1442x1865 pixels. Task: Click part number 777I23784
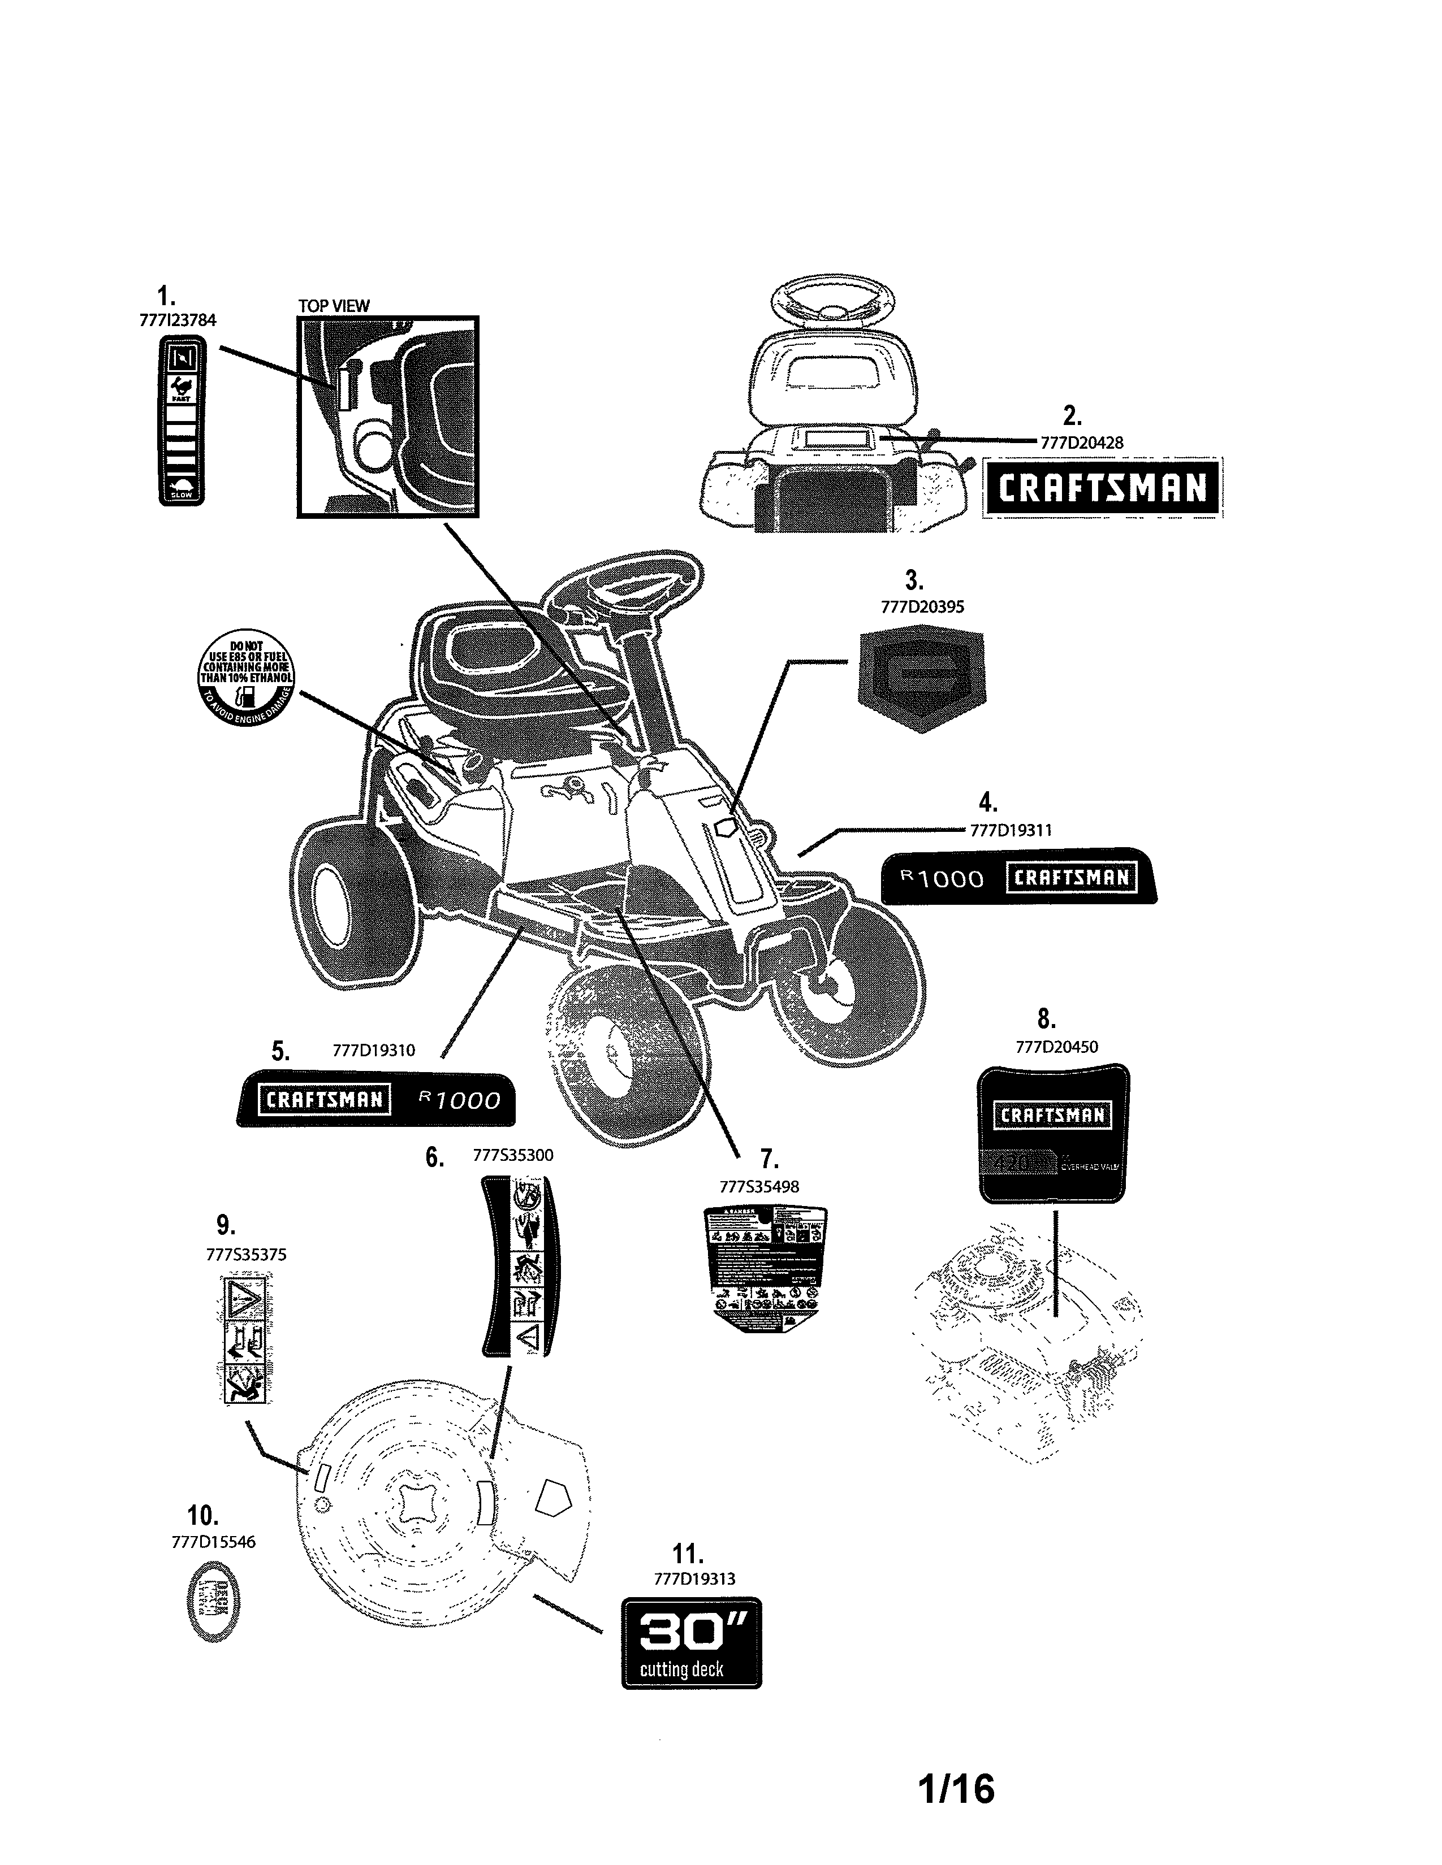point(177,320)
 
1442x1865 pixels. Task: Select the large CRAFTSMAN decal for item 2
point(1103,488)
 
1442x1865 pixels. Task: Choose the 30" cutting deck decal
point(691,1643)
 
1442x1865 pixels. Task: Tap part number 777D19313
point(694,1579)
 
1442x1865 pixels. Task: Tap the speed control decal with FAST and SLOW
point(182,420)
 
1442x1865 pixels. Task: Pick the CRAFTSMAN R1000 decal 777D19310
point(377,1099)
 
